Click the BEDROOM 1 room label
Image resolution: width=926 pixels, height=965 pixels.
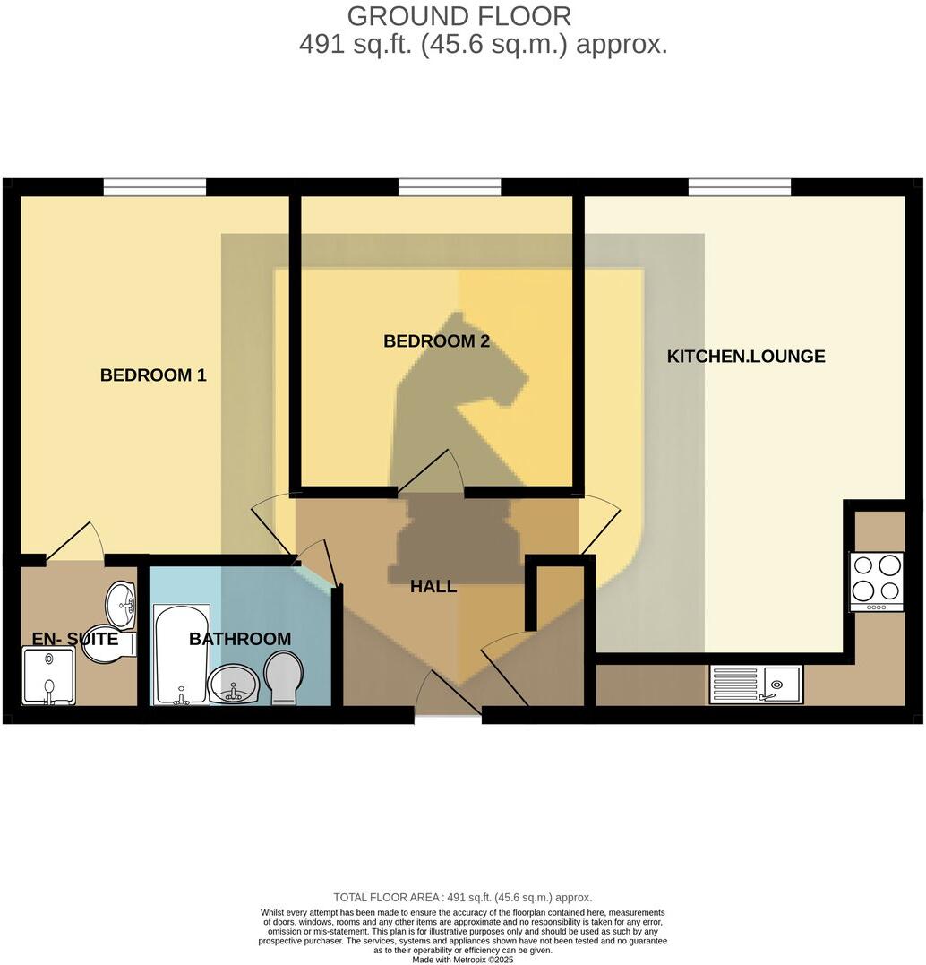point(153,375)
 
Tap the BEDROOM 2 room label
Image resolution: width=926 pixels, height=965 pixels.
point(436,341)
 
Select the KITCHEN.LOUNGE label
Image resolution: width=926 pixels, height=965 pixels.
point(745,357)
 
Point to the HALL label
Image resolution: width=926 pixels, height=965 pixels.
point(433,587)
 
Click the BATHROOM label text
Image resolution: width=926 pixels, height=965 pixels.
point(239,639)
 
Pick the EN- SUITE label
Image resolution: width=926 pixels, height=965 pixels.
point(75,639)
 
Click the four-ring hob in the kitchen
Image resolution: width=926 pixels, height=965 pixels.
point(876,580)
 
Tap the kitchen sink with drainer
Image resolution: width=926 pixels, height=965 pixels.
point(756,685)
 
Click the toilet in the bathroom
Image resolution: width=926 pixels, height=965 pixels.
point(286,677)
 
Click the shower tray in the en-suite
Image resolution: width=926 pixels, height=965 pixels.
point(48,677)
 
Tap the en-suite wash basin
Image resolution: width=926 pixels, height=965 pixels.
point(121,606)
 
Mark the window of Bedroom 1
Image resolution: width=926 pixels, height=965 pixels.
point(154,186)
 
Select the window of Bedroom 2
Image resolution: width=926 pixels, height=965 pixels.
point(449,186)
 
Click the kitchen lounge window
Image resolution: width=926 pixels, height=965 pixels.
point(740,186)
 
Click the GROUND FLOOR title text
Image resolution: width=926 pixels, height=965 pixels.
point(459,16)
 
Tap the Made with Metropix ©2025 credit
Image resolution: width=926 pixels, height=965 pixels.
point(462,959)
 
